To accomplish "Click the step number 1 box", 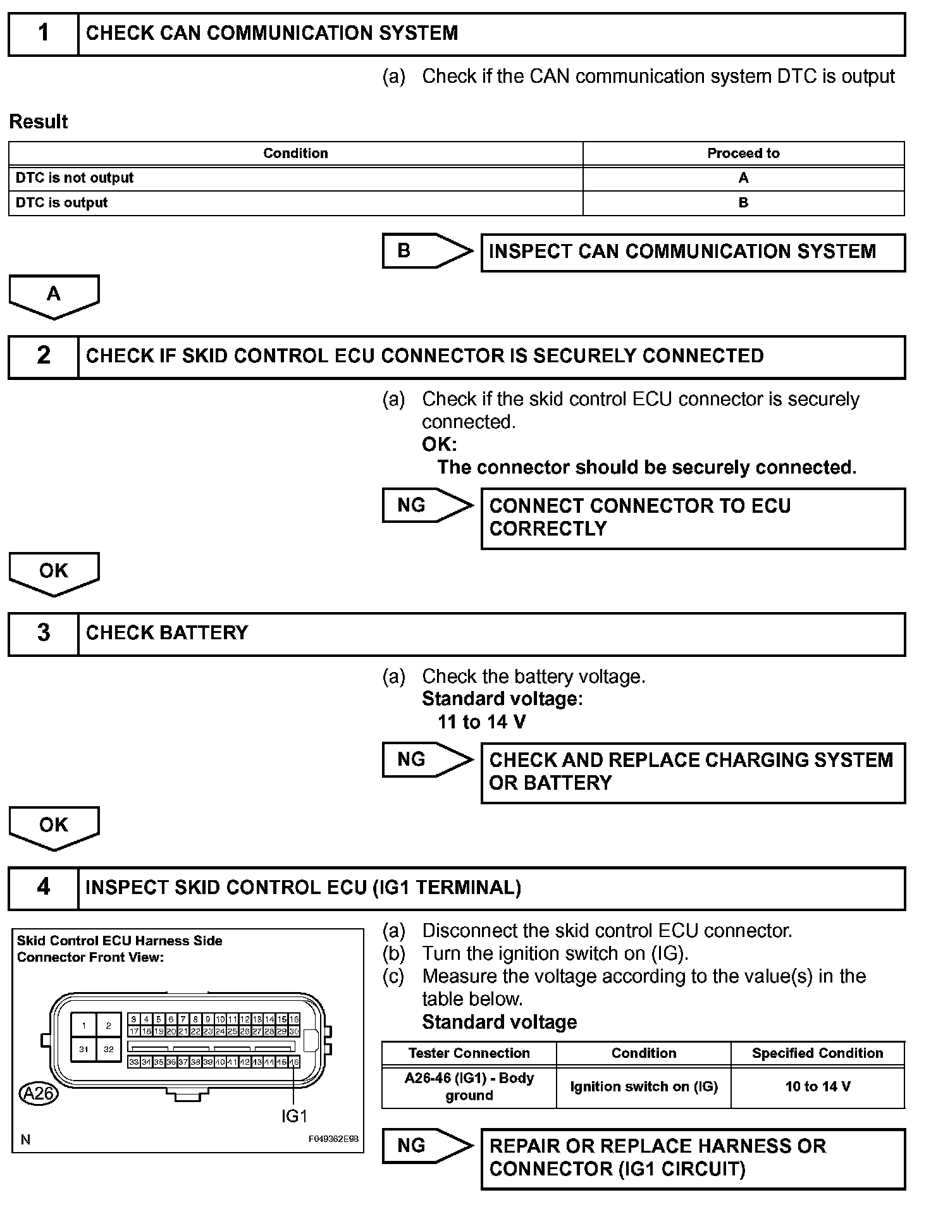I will coord(43,34).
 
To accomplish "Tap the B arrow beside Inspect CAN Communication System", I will coord(427,251).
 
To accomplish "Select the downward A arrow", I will coord(54,295).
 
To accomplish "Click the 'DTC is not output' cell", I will coord(295,178).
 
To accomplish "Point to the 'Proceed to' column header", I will coord(743,153).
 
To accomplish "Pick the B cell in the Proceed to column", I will coord(743,203).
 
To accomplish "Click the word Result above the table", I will coord(39,121).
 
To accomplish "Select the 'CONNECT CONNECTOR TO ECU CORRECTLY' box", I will coord(693,518).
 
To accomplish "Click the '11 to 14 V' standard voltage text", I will coord(481,721).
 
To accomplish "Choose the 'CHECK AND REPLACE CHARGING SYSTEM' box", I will coord(693,772).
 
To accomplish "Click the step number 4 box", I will coord(43,887).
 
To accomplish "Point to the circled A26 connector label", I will coord(38,1093).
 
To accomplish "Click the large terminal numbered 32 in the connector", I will coord(108,1049).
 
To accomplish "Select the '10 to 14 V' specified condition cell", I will coord(818,1086).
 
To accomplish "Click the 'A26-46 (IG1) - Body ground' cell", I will coord(469,1086).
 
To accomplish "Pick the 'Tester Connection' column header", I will coord(469,1053).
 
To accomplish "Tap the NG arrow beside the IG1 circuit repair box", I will coord(427,1145).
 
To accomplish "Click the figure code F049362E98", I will coord(333,1139).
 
